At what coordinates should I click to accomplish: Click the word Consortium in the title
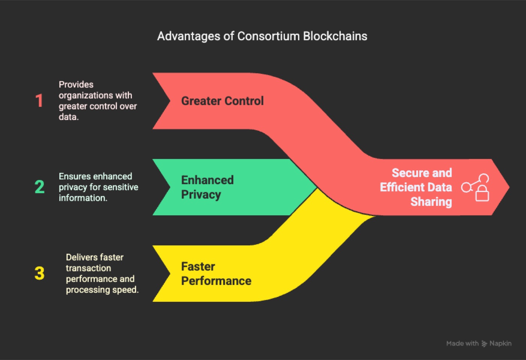pyautogui.click(x=268, y=36)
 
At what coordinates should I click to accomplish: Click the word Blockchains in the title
pyautogui.click(x=335, y=36)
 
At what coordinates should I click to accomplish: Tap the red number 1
pyautogui.click(x=39, y=101)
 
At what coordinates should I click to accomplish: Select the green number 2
pyautogui.click(x=39, y=187)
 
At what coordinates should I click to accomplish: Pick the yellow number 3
pyautogui.click(x=39, y=273)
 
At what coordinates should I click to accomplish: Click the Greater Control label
pyautogui.click(x=222, y=101)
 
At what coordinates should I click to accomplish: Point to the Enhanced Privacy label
pyautogui.click(x=207, y=187)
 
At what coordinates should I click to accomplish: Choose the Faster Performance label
pyautogui.click(x=216, y=274)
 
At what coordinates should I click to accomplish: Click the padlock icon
pyautogui.click(x=482, y=193)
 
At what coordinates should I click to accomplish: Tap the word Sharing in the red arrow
pyautogui.click(x=431, y=202)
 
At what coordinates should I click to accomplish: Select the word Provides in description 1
pyautogui.click(x=76, y=85)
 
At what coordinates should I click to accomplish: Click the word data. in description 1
pyautogui.click(x=68, y=117)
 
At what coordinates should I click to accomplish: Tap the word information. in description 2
pyautogui.click(x=83, y=198)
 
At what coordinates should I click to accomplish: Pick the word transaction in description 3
pyautogui.click(x=89, y=268)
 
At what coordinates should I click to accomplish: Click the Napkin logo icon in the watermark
pyautogui.click(x=484, y=343)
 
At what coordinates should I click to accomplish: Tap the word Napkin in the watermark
pyautogui.click(x=500, y=343)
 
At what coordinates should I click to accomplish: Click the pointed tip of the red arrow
pyautogui.click(x=509, y=187)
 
